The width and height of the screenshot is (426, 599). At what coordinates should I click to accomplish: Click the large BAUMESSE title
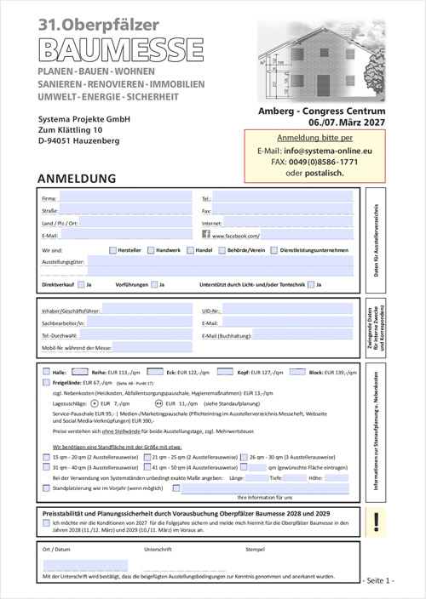[x=119, y=46]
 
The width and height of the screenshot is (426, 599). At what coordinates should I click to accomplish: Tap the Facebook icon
[x=206, y=234]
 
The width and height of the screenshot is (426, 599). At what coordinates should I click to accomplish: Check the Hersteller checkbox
[x=113, y=250]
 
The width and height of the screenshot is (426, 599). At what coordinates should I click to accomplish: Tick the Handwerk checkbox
[x=151, y=250]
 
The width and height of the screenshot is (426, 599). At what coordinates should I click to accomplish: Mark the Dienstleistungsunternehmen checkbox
[x=272, y=250]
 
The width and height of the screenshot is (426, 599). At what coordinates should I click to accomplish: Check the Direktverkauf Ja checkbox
[x=81, y=284]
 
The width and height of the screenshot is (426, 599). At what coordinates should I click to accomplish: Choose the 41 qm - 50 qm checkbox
[x=147, y=467]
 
